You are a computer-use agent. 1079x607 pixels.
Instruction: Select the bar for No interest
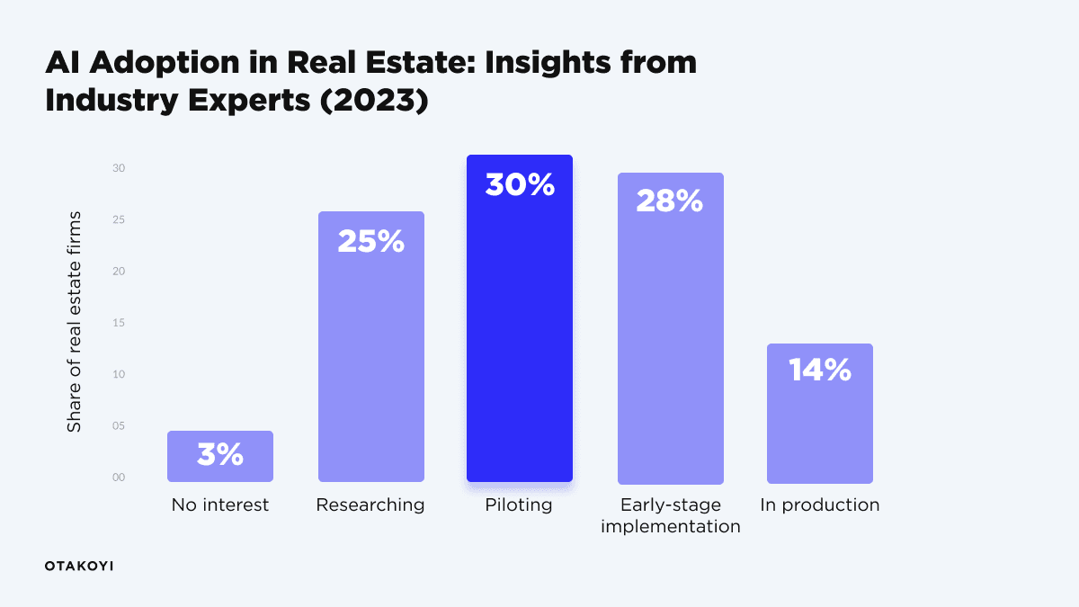coord(220,456)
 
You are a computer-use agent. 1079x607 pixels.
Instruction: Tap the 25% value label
coord(370,242)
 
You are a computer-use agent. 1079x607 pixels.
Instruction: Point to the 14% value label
coord(819,370)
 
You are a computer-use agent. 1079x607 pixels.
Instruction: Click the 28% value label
coord(669,201)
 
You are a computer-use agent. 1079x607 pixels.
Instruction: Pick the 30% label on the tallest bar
coord(520,185)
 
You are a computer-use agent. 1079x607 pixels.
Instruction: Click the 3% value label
coord(220,455)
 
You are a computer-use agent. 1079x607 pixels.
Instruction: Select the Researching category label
coord(370,505)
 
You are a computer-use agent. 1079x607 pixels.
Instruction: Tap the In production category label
coord(819,505)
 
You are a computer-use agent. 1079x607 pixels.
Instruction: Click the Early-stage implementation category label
coord(670,515)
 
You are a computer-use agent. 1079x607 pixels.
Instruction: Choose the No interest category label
coord(220,505)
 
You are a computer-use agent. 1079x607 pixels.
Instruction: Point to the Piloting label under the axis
coord(519,505)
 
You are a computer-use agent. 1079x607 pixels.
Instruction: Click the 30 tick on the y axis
coord(119,169)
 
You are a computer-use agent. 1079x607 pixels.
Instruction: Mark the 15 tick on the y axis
coord(119,323)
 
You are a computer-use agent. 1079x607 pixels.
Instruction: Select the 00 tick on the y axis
coord(119,478)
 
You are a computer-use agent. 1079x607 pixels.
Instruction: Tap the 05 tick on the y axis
coord(119,426)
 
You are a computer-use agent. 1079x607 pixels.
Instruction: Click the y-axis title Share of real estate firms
coord(75,322)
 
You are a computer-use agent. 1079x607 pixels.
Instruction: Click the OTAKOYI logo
coord(79,566)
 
